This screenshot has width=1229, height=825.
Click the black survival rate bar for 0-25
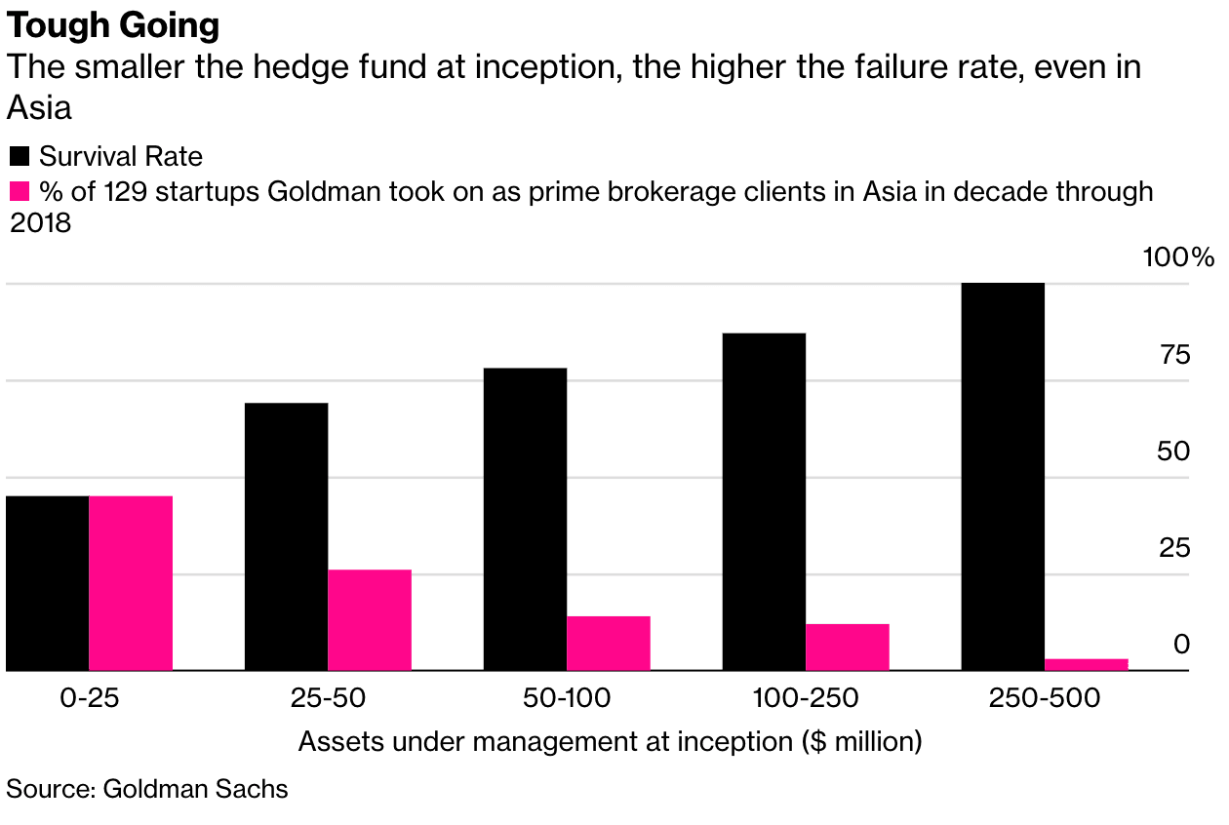pyautogui.click(x=47, y=583)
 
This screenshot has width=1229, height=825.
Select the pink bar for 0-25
pyautogui.click(x=131, y=583)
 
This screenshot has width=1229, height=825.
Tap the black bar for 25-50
pyautogui.click(x=286, y=536)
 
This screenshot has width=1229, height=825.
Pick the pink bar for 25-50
pyautogui.click(x=370, y=620)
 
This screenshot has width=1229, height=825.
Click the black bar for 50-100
pyautogui.click(x=525, y=519)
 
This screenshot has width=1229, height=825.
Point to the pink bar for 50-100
pyautogui.click(x=609, y=644)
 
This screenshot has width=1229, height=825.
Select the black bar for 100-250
pyautogui.click(x=764, y=501)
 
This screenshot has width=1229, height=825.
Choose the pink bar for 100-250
pyautogui.click(x=848, y=648)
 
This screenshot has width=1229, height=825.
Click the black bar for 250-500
pyautogui.click(x=1003, y=476)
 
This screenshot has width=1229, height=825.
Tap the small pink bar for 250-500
pyautogui.click(x=1087, y=665)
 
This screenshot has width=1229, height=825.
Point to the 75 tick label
pyautogui.click(x=1174, y=355)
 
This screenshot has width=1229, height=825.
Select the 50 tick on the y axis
pyautogui.click(x=1174, y=452)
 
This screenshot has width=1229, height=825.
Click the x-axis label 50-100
pyautogui.click(x=567, y=698)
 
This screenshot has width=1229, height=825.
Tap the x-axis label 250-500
pyautogui.click(x=1045, y=698)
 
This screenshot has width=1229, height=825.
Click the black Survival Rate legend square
pyautogui.click(x=20, y=156)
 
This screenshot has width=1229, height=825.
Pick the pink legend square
pyautogui.click(x=20, y=190)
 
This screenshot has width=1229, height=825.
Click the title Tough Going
pyautogui.click(x=113, y=26)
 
